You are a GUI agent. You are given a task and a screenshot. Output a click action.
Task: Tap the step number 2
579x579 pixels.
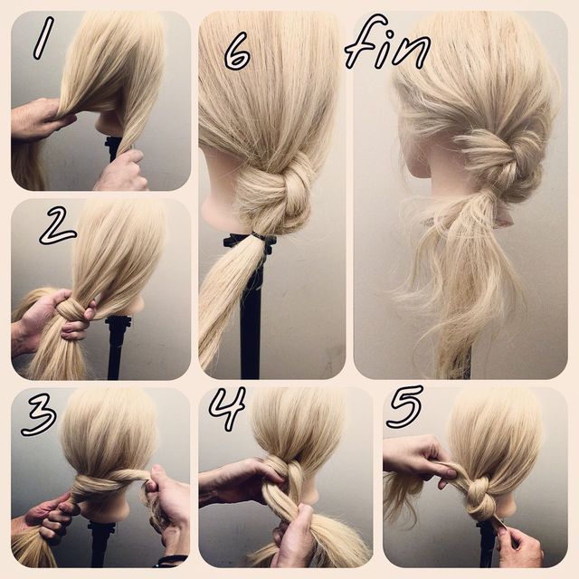coord(57,226)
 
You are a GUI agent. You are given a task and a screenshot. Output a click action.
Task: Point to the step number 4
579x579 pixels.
coord(227,408)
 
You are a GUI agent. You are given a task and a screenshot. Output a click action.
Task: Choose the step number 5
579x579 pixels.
coord(406,406)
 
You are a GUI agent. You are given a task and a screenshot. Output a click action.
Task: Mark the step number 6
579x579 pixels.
coord(237,51)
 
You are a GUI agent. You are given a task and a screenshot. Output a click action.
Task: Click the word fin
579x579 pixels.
coord(388,43)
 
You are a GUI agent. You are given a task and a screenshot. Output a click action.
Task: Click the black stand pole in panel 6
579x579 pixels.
coord(251,318)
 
